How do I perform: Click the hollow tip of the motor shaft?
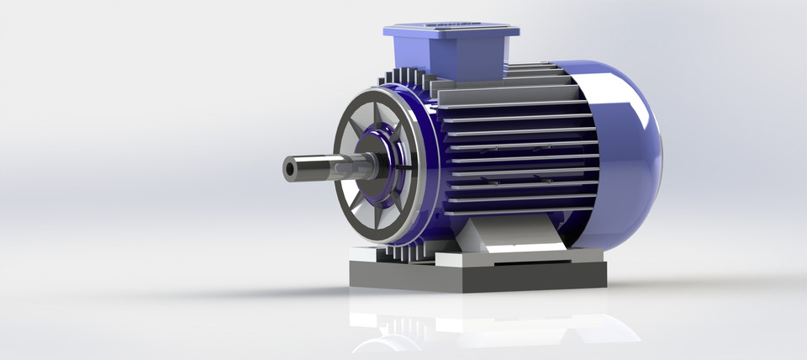pyautogui.click(x=290, y=169)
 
